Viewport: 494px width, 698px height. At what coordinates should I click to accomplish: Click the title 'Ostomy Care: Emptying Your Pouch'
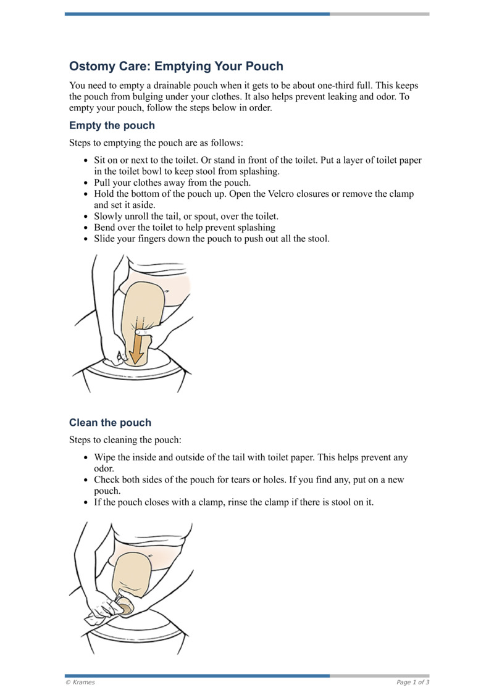176,66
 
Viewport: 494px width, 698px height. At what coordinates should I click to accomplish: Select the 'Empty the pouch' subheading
112,125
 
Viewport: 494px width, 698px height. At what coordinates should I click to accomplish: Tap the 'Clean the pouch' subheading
110,423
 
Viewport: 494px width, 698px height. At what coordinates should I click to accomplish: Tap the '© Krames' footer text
80,682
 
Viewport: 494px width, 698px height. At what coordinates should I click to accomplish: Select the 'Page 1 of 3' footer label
412,682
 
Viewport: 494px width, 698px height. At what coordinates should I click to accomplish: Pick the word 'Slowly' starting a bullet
108,216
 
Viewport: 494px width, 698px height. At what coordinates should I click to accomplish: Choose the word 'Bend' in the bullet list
104,227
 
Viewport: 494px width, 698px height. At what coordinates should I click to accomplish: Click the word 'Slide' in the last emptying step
105,238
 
